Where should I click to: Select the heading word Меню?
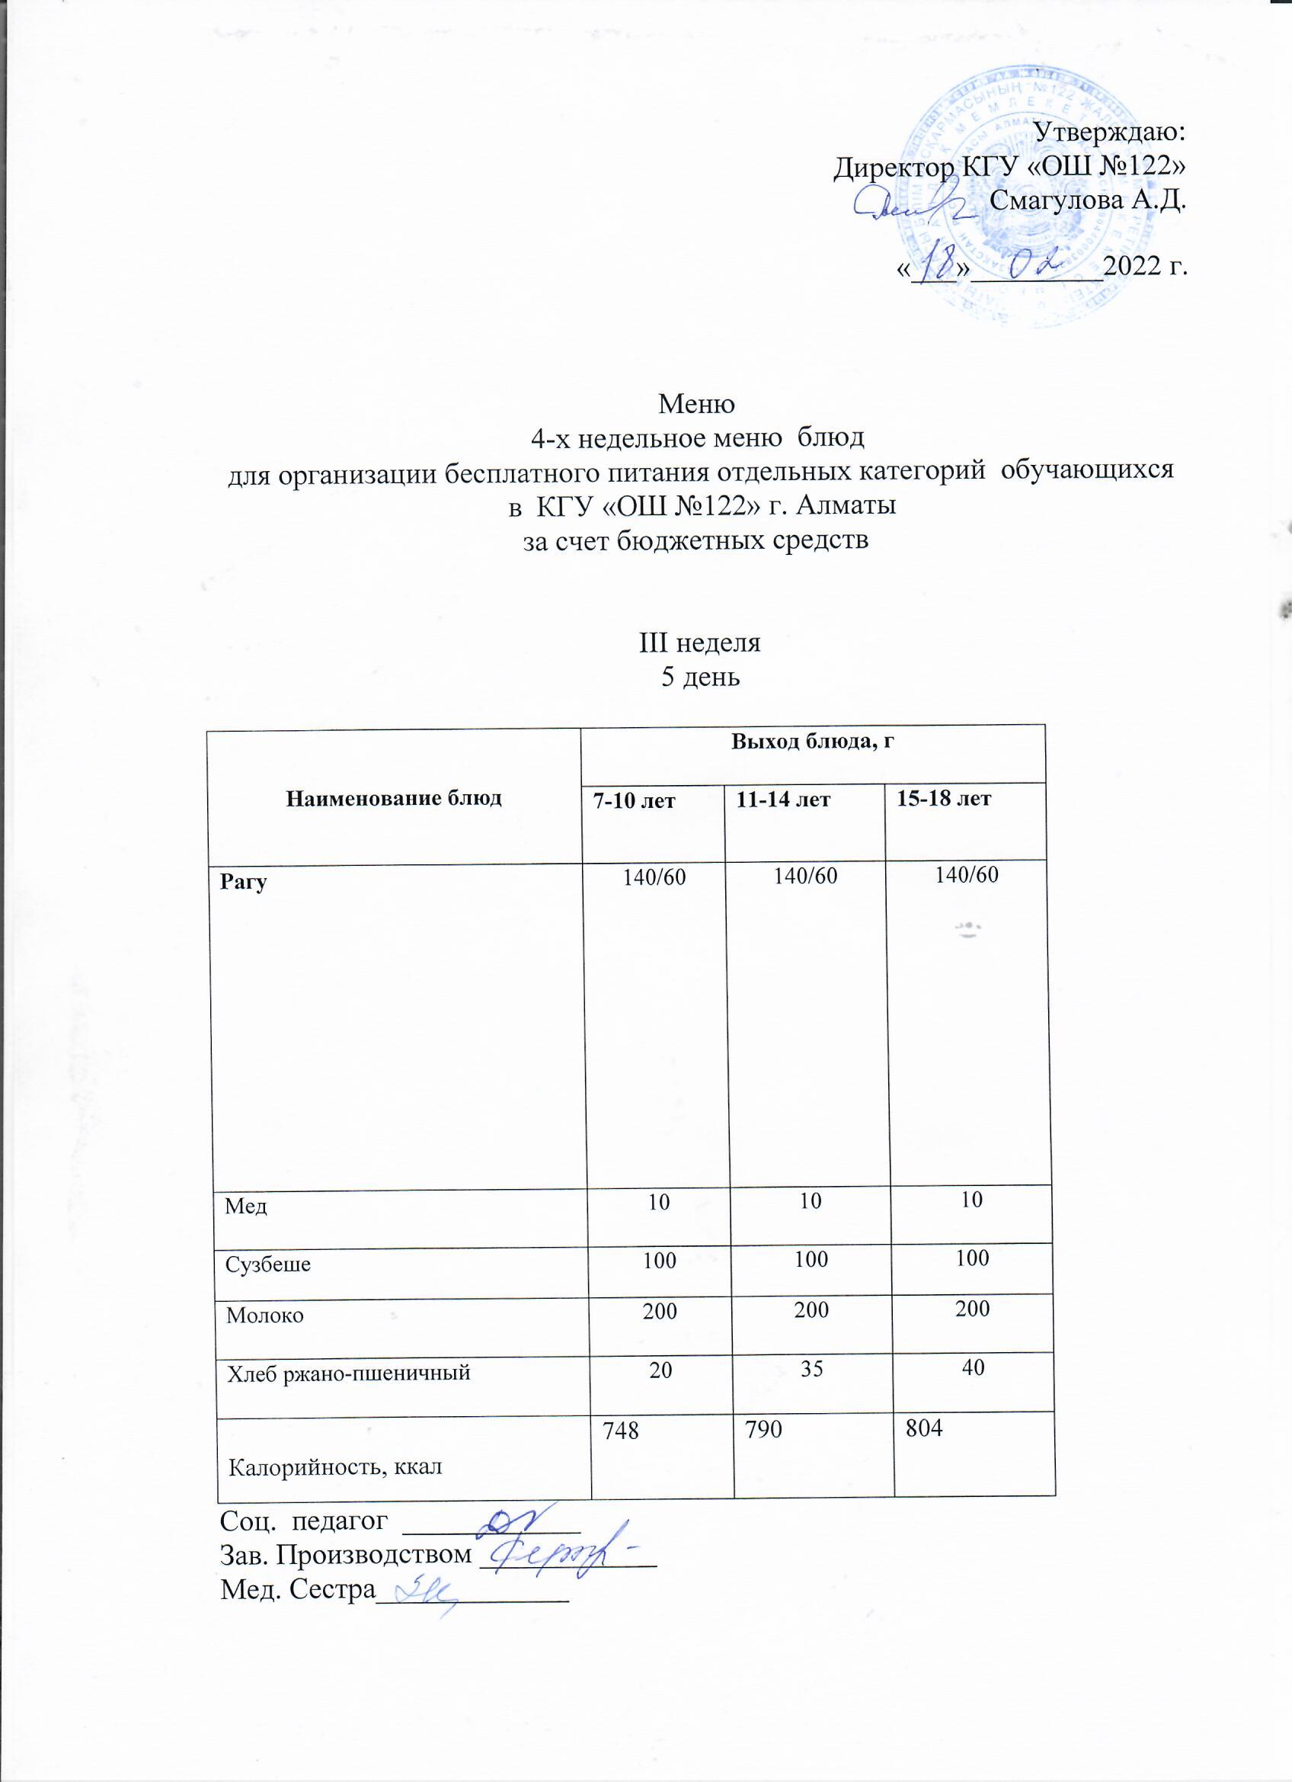point(696,405)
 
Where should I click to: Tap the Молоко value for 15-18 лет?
point(972,1309)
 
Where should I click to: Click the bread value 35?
point(812,1370)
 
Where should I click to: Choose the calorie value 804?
point(924,1428)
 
